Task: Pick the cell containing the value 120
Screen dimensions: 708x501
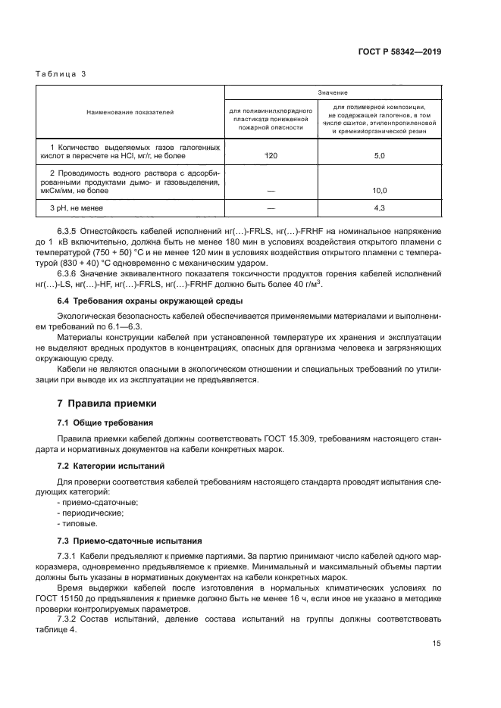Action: pyautogui.click(x=271, y=154)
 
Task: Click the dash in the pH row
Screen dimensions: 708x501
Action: pyautogui.click(x=271, y=207)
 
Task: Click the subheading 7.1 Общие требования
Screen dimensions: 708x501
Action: pyautogui.click(x=105, y=422)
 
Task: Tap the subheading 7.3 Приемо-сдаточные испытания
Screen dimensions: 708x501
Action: pyautogui.click(x=130, y=541)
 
